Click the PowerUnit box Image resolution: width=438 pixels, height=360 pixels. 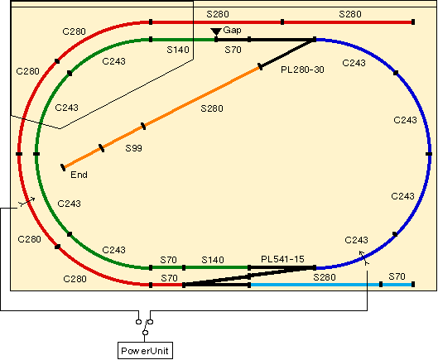coord(145,351)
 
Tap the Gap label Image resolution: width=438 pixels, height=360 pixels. coord(232,30)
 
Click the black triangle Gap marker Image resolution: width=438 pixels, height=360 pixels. coord(216,31)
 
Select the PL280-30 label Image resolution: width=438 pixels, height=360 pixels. coord(302,70)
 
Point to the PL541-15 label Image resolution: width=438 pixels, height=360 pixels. coord(282,259)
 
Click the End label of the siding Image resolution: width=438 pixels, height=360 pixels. coord(79,175)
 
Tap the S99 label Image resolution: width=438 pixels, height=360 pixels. coord(133,148)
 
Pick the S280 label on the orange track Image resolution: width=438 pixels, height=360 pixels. coord(212,108)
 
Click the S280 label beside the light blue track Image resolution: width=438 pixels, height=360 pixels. coord(325,277)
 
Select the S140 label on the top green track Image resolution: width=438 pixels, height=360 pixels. coord(178,50)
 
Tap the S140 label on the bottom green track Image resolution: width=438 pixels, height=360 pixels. coord(213,260)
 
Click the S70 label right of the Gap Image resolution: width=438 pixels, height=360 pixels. coord(233,50)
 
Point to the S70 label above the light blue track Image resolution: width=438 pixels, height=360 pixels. coord(397,276)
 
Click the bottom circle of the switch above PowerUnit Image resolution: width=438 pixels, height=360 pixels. coord(145,333)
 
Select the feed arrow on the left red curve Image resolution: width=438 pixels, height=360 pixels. coord(26,202)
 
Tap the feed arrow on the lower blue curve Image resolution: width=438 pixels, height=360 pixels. coord(364,257)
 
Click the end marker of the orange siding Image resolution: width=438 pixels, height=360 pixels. coord(63,167)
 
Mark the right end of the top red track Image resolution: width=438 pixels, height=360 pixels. coord(413,22)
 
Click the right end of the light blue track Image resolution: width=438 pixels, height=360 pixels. coord(413,285)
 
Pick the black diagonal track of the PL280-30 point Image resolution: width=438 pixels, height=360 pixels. coord(287,53)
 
